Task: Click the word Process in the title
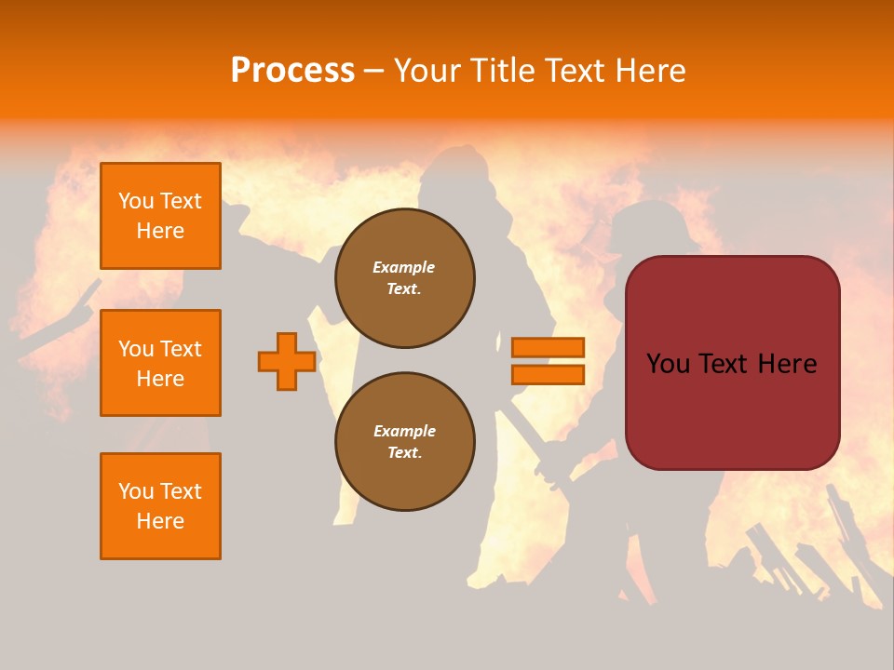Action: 292,71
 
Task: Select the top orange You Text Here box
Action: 160,216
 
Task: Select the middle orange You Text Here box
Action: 160,363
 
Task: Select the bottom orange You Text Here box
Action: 160,505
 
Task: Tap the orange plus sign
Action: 287,361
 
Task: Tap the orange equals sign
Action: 548,361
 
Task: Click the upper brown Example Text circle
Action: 405,278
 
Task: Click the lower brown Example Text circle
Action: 405,441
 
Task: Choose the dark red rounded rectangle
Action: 732,400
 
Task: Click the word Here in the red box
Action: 787,364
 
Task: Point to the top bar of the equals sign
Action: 548,348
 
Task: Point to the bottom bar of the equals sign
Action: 548,374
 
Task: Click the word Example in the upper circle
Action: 404,267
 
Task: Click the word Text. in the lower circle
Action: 405,453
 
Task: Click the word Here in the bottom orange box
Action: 160,521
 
